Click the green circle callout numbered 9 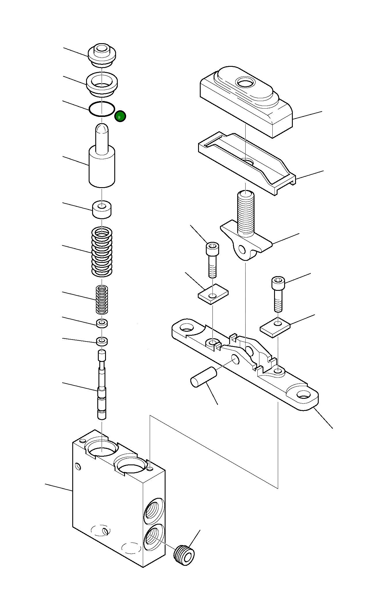(x=120, y=116)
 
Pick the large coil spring (x=102, y=251)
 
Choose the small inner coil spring (x=102, y=299)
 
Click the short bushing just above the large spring (x=102, y=209)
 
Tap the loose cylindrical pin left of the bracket (x=203, y=377)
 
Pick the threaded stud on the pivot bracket (x=246, y=213)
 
